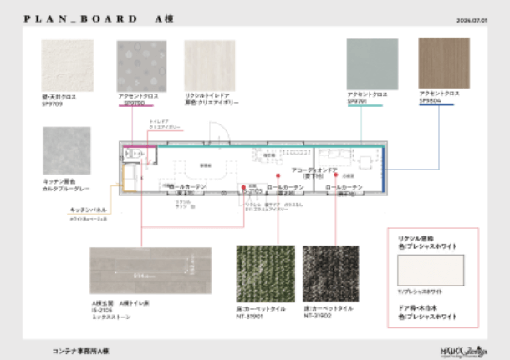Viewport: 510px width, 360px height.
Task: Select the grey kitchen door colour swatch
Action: pyautogui.click(x=66, y=151)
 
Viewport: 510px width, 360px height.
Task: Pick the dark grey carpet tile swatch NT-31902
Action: pyautogui.click(x=330, y=273)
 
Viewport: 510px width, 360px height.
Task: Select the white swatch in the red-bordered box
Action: pyautogui.click(x=431, y=271)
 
